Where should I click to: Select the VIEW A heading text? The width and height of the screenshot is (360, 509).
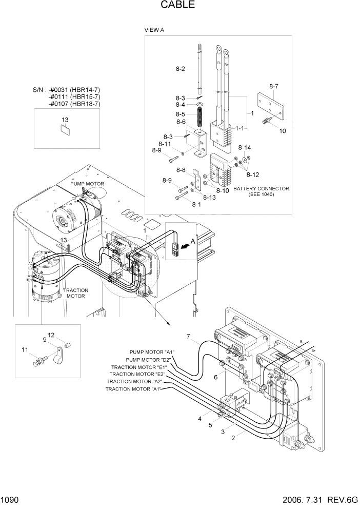pyautogui.click(x=154, y=30)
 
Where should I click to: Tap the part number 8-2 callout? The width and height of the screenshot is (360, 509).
pyautogui.click(x=180, y=69)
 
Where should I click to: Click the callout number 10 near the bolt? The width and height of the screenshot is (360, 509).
pyautogui.click(x=282, y=131)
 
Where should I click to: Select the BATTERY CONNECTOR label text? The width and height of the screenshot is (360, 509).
pyautogui.click(x=261, y=189)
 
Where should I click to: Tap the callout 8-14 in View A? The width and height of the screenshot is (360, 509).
pyautogui.click(x=245, y=148)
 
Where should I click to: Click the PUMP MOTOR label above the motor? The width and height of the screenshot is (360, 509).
pyautogui.click(x=87, y=184)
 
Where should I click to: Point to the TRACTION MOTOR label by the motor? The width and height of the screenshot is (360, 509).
pyautogui.click(x=75, y=293)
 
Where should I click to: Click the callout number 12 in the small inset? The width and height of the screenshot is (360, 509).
pyautogui.click(x=51, y=335)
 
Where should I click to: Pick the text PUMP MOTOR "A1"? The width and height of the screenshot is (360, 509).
pyautogui.click(x=152, y=352)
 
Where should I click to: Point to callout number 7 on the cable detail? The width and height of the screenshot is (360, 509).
pyautogui.click(x=188, y=337)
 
